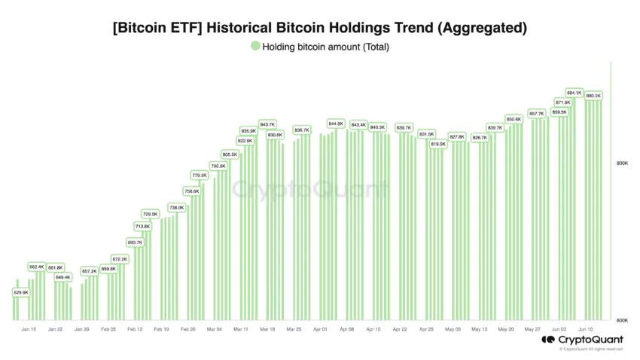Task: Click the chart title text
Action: (319, 29)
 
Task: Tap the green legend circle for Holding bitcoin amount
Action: (255, 47)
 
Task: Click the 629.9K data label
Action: (20, 292)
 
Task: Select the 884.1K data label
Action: (574, 93)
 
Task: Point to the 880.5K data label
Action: (593, 96)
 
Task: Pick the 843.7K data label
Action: (267, 124)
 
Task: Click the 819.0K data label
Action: (438, 143)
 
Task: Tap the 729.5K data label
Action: (151, 214)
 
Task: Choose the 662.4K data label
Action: (37, 267)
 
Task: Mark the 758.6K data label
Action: (191, 191)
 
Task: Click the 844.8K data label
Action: (336, 124)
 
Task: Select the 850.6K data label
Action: (514, 119)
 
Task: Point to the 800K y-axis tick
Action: (622, 163)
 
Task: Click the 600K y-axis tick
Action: (622, 321)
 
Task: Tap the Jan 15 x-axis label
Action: (29, 329)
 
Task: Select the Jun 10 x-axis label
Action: (585, 329)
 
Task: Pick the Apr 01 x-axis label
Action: (320, 329)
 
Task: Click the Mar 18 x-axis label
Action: (267, 329)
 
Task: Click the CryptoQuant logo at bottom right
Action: (582, 340)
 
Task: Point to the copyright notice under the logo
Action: (591, 349)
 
